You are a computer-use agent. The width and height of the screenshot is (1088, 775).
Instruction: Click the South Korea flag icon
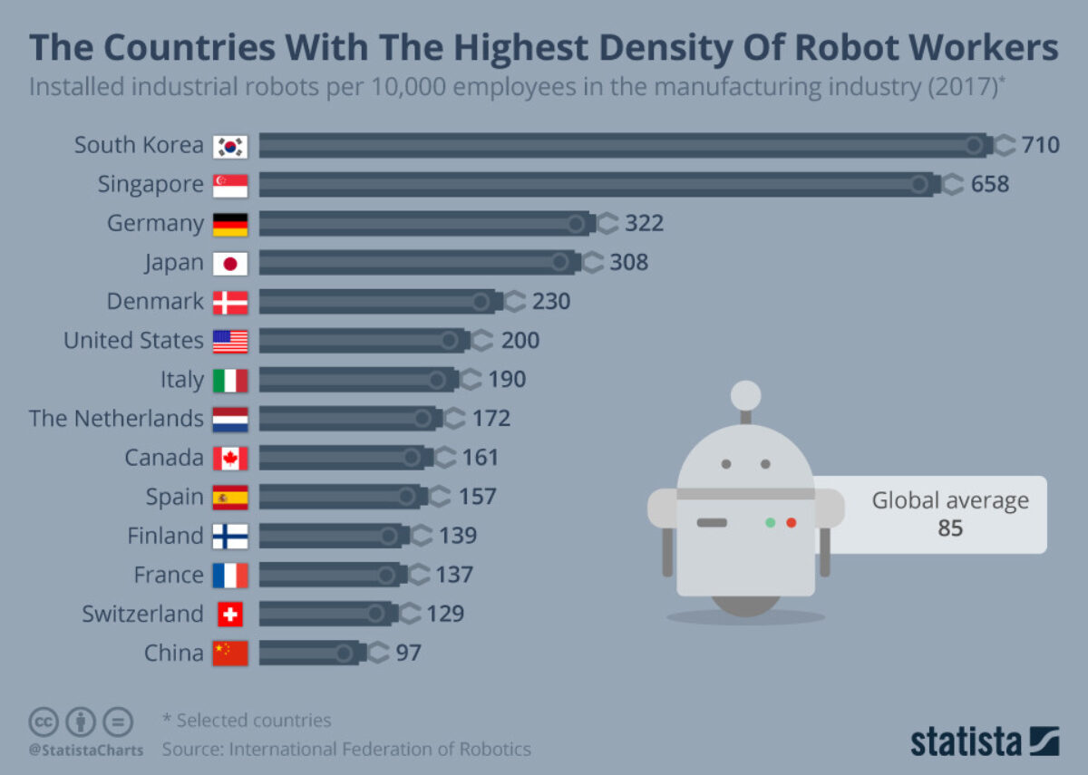[230, 146]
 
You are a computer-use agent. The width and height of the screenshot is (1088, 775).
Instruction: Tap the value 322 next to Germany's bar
[644, 223]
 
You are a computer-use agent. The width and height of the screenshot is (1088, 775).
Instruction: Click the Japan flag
[230, 263]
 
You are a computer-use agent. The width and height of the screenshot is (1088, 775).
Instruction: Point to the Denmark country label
[155, 302]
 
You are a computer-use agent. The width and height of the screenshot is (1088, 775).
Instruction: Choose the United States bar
[363, 341]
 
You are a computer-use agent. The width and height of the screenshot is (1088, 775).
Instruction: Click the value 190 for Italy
[507, 380]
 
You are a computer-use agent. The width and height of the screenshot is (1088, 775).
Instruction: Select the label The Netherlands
[116, 419]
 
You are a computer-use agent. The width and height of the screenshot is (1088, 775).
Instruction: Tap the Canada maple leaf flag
[230, 459]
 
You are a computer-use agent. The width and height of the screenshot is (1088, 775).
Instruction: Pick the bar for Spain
[340, 497]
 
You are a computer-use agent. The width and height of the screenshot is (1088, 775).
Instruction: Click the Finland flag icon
[230, 537]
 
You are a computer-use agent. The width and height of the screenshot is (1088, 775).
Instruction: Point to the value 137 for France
[453, 575]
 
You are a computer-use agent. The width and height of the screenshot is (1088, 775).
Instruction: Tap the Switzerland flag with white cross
[230, 615]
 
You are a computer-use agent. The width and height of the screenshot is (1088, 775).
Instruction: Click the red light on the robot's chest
[791, 523]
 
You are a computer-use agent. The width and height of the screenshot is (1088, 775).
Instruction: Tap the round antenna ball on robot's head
[745, 395]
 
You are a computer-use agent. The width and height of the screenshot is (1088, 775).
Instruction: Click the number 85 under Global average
[949, 528]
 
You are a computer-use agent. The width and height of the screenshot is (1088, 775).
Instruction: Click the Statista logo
[985, 741]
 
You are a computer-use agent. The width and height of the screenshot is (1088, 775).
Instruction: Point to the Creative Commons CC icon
[44, 722]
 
